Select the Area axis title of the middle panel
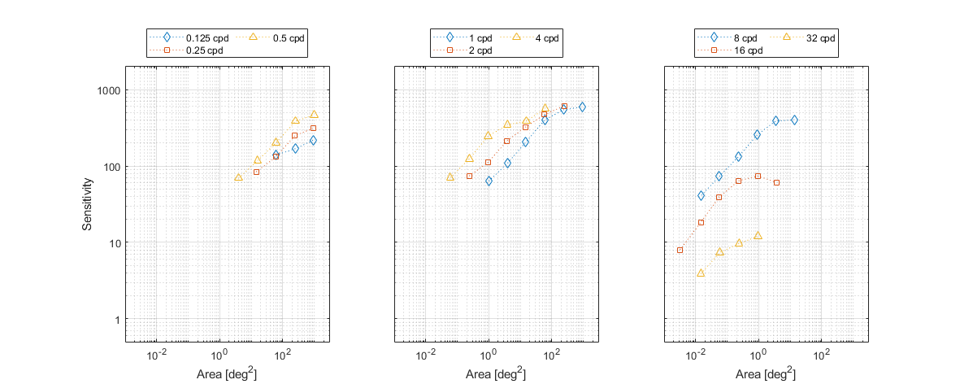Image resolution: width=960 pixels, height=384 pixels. pyautogui.click(x=496, y=374)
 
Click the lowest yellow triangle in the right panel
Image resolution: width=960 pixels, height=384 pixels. pyautogui.click(x=701, y=273)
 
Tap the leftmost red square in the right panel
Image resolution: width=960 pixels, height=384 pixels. pyautogui.click(x=680, y=250)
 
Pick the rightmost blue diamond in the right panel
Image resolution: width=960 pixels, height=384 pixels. pyautogui.click(x=794, y=120)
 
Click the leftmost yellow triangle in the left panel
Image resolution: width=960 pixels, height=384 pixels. pyautogui.click(x=238, y=177)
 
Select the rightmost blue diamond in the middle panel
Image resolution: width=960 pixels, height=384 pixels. pyautogui.click(x=582, y=107)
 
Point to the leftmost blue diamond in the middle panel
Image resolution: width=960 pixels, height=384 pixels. pyautogui.click(x=489, y=181)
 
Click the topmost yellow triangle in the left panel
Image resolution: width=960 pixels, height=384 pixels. pyautogui.click(x=314, y=115)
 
